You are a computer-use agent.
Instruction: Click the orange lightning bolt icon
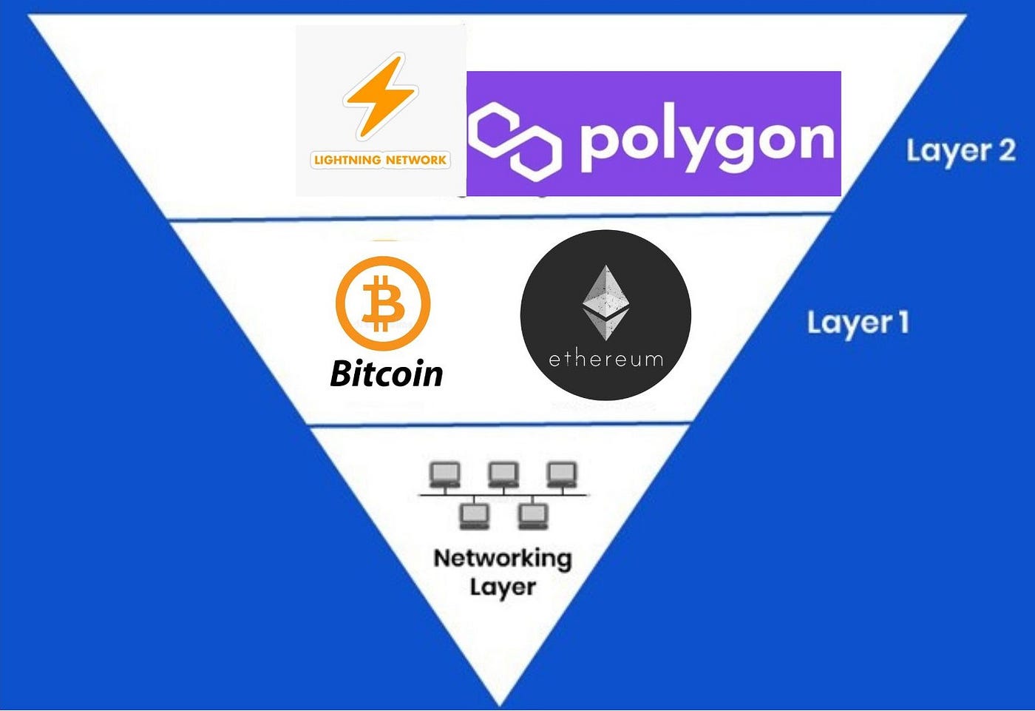[380, 97]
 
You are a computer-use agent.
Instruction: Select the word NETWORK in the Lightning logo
[416, 160]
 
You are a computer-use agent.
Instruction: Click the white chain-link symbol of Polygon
[515, 139]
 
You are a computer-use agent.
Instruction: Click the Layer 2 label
[960, 151]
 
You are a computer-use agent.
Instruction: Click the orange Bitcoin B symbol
[383, 303]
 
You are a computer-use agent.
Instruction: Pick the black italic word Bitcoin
[387, 374]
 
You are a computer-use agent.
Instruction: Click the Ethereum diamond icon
[606, 304]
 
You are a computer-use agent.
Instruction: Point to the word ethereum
[606, 359]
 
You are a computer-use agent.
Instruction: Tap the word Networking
[503, 558]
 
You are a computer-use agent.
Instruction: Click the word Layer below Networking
[503, 588]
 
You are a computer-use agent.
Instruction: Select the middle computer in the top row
[503, 474]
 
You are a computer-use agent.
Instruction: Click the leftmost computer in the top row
[445, 474]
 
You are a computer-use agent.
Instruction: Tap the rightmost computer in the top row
[562, 474]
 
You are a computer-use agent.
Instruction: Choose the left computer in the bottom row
[475, 516]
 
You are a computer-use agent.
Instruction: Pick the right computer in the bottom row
[533, 516]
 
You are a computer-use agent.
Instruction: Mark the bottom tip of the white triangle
[500, 704]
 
